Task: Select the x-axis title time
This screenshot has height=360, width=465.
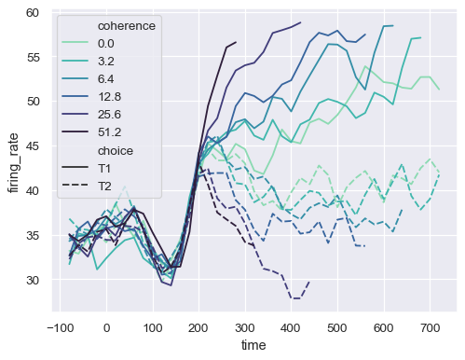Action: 253,346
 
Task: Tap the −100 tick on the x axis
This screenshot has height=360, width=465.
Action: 61,328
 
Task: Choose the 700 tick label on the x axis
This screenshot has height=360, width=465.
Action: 430,328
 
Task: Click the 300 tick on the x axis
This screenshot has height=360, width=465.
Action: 245,328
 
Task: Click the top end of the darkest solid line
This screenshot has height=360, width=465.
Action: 236,42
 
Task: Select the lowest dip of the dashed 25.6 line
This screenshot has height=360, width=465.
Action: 296,298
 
